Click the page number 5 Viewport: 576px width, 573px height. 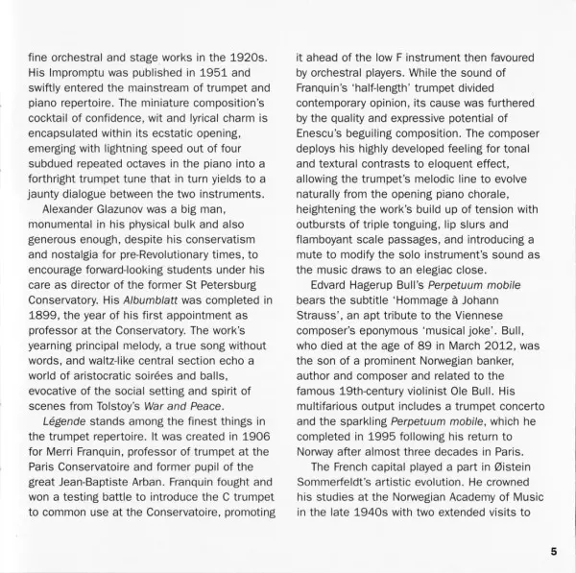[554, 550]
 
